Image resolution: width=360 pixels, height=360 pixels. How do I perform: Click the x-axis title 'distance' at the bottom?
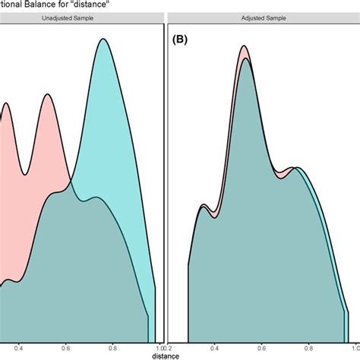(x=164, y=355)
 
